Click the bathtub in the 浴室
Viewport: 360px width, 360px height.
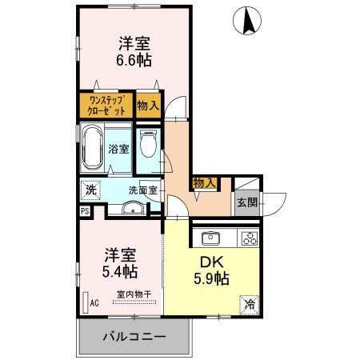click(x=93, y=147)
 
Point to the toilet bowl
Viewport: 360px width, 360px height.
click(x=147, y=146)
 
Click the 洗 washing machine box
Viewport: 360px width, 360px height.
click(x=90, y=190)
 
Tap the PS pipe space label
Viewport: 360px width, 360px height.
click(x=85, y=211)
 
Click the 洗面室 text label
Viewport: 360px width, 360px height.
click(x=144, y=190)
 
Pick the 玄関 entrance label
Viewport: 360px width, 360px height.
click(x=247, y=202)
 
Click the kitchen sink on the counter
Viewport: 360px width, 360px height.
click(x=213, y=238)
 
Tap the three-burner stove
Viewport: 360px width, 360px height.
click(x=249, y=238)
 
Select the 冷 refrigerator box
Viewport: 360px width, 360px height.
click(x=250, y=303)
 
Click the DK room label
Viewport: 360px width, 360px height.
click(x=210, y=262)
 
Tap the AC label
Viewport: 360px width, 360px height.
click(x=94, y=303)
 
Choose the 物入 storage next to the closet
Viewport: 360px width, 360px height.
click(x=148, y=106)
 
